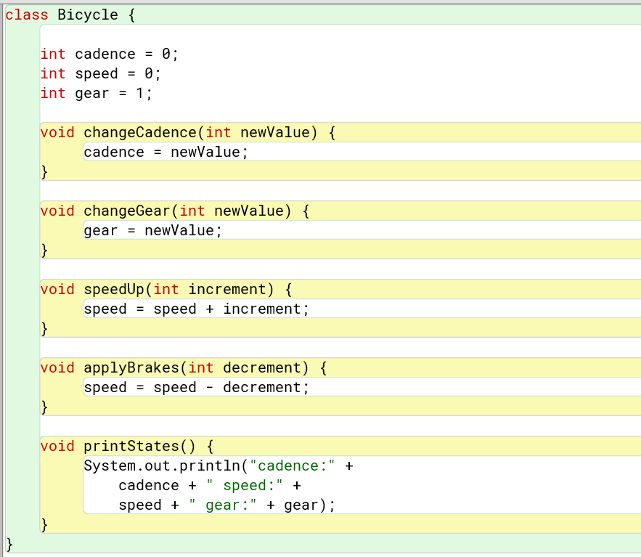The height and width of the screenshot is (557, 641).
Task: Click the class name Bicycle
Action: (x=88, y=15)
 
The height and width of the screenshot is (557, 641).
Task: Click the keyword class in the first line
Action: (x=27, y=15)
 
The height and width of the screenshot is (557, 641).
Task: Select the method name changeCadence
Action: (x=140, y=132)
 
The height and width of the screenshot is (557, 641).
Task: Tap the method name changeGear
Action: (x=127, y=211)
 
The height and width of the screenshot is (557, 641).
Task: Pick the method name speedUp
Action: (x=114, y=289)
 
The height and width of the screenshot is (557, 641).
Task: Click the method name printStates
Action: (x=131, y=446)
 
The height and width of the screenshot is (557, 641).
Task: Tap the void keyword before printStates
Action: (x=57, y=446)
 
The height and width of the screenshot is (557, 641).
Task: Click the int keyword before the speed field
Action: (x=53, y=73)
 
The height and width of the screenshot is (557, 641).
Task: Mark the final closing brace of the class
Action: (x=9, y=543)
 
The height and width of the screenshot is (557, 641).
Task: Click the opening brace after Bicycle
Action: (x=131, y=15)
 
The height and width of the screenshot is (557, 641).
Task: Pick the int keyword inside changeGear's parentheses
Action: (x=192, y=211)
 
